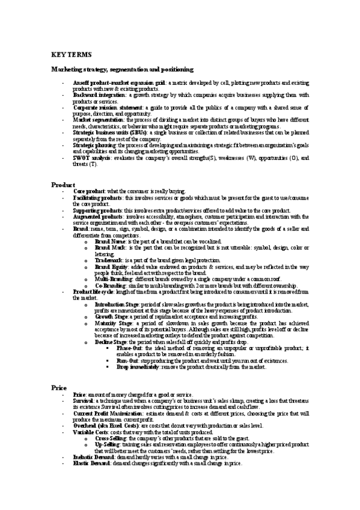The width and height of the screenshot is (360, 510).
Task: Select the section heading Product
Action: pyautogui.click(x=62, y=184)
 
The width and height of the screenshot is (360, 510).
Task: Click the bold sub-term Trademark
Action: pyautogui.click(x=108, y=259)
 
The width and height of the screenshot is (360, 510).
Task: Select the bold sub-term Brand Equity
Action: pyautogui.click(x=109, y=266)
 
